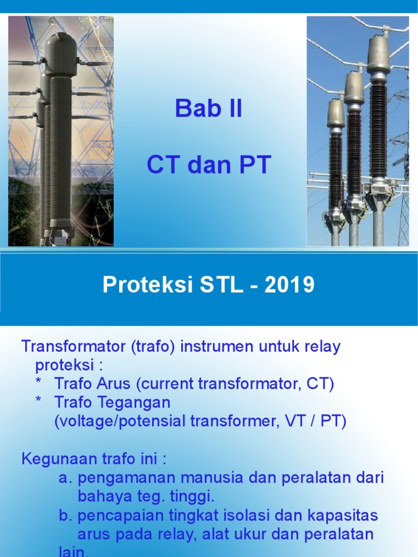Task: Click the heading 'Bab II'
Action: (x=208, y=110)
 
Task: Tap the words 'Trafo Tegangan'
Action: (x=112, y=403)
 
